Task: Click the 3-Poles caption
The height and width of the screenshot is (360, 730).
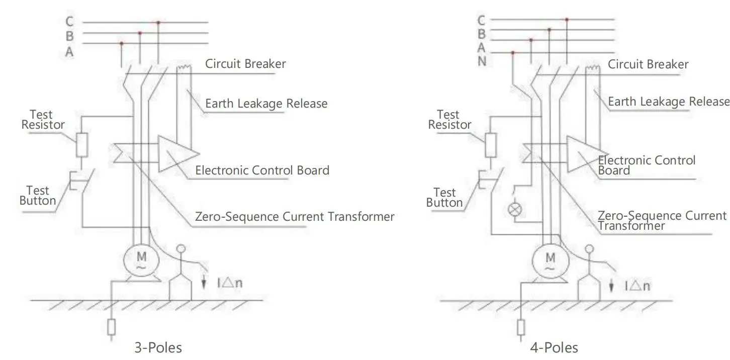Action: [158, 347]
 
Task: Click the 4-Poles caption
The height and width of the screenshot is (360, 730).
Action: [554, 347]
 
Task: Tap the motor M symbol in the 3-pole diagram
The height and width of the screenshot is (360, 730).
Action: [141, 260]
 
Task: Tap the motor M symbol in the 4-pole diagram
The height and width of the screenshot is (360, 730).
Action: [551, 261]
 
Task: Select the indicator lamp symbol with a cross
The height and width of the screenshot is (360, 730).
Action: [515, 210]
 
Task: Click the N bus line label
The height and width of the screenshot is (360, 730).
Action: [482, 61]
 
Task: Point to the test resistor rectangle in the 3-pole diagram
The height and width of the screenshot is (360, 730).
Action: [82, 145]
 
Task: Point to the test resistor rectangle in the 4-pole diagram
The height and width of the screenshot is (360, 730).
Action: [491, 145]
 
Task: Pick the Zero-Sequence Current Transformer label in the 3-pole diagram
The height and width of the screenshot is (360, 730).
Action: [295, 217]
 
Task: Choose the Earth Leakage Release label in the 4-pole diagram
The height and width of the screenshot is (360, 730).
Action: [669, 102]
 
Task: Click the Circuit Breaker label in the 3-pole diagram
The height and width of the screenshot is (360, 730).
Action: [245, 64]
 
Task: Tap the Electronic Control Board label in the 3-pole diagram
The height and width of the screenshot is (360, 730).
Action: [262, 170]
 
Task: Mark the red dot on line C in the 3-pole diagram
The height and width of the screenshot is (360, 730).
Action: [158, 23]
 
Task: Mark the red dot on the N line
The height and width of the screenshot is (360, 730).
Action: [513, 52]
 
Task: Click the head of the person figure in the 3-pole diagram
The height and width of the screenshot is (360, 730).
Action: [181, 249]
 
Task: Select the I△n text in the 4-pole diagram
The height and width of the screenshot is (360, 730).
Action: [637, 286]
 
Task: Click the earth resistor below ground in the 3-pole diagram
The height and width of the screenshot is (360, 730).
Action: [112, 327]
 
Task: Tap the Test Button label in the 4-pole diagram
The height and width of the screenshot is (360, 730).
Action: [444, 198]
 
